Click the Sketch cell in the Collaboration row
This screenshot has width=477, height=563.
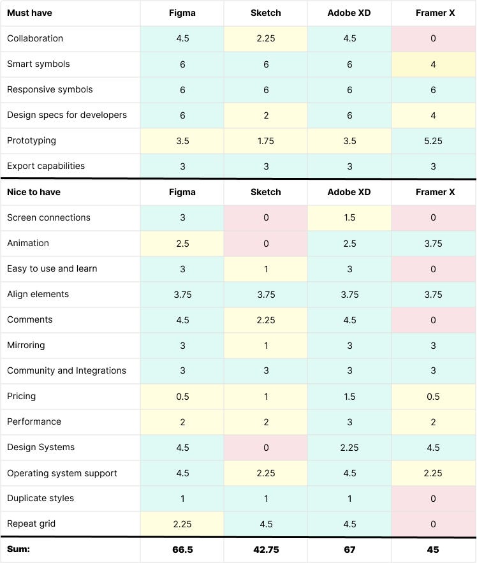tap(265, 38)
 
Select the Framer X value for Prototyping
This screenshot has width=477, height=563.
tap(433, 140)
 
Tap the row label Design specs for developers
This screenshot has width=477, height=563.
tap(67, 115)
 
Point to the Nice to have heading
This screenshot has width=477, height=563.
tap(34, 192)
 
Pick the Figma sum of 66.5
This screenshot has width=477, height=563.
tap(182, 550)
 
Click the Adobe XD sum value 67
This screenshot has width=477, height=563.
tap(349, 550)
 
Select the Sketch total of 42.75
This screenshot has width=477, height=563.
tap(265, 550)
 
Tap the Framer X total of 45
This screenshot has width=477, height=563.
tap(433, 550)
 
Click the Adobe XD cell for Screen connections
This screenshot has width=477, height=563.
tap(349, 217)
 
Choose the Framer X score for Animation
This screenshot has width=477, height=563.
tap(433, 243)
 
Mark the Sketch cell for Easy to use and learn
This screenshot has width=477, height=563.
tap(265, 268)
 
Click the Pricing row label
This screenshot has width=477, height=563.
tap(22, 396)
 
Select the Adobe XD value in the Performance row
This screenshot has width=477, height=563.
tap(349, 421)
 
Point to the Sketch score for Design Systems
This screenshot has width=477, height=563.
tap(265, 447)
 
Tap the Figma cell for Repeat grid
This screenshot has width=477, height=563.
tap(182, 523)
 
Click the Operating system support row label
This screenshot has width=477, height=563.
tap(62, 473)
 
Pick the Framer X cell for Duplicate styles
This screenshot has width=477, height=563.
tap(433, 498)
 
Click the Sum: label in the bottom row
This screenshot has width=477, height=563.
tap(19, 550)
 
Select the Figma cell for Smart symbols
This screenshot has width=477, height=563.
tap(182, 64)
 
